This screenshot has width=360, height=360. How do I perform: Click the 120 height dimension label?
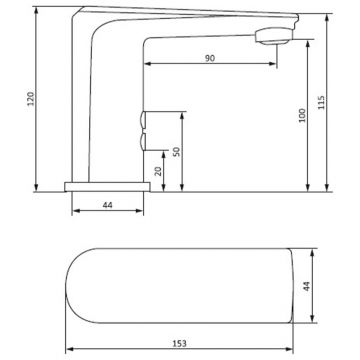point(30,98)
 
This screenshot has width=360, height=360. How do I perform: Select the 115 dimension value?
point(321,103)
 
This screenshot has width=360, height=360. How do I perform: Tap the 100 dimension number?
point(302,115)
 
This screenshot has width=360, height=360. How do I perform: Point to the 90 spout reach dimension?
point(210,58)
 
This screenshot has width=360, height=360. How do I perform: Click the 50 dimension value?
point(177,152)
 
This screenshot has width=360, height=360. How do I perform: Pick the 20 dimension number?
point(158,171)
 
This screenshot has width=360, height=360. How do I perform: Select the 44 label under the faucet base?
point(107,205)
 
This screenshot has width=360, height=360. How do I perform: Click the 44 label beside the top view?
point(307,286)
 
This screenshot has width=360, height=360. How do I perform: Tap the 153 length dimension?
point(180,343)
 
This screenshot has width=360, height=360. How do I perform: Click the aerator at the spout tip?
point(274,37)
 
